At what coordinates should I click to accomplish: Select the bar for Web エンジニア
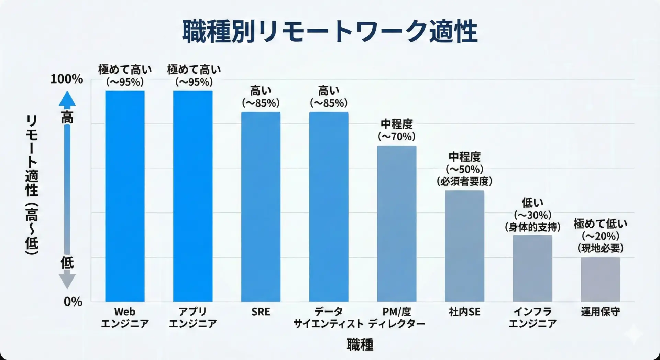click(x=125, y=196)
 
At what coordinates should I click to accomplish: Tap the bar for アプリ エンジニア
click(x=193, y=196)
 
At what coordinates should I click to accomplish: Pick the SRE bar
click(x=261, y=206)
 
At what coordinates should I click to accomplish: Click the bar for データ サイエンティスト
click(x=329, y=206)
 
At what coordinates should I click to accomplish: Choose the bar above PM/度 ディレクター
click(x=397, y=223)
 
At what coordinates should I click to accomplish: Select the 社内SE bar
click(x=464, y=246)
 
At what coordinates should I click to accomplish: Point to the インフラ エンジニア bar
click(x=532, y=268)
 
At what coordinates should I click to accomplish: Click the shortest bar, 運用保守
click(x=601, y=279)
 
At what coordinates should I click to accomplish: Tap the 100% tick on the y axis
click(x=67, y=79)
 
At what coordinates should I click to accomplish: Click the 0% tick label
click(x=73, y=302)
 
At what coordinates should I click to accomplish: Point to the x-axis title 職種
click(x=360, y=345)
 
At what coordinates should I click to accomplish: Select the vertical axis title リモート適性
click(x=32, y=186)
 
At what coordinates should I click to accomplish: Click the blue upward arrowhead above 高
click(x=67, y=99)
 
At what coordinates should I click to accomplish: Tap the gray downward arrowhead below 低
click(x=67, y=281)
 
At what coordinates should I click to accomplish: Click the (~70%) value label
click(x=397, y=137)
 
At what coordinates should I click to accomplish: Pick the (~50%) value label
click(x=464, y=169)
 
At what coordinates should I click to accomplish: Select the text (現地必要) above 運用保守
click(x=601, y=248)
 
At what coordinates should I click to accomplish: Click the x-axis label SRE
click(x=261, y=312)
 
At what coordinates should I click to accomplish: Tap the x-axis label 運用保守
click(x=601, y=312)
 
